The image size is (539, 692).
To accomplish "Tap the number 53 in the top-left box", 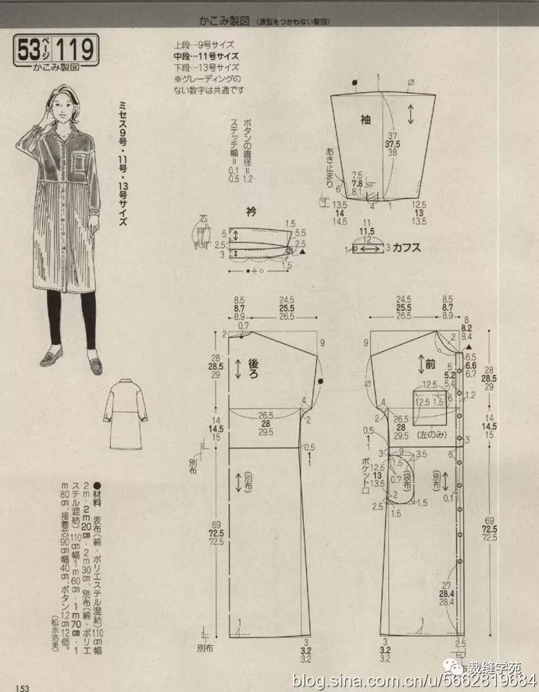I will click(x=29, y=51).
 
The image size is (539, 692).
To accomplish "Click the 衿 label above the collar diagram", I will click(x=252, y=211).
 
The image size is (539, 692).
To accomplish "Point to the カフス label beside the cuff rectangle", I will click(x=407, y=248).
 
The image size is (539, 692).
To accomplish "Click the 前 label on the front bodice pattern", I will click(x=429, y=364).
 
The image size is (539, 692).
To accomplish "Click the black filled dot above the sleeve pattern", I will click(x=354, y=81).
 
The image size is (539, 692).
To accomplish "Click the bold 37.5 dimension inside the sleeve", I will click(x=392, y=144).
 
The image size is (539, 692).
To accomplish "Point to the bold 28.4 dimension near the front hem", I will click(x=448, y=593).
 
